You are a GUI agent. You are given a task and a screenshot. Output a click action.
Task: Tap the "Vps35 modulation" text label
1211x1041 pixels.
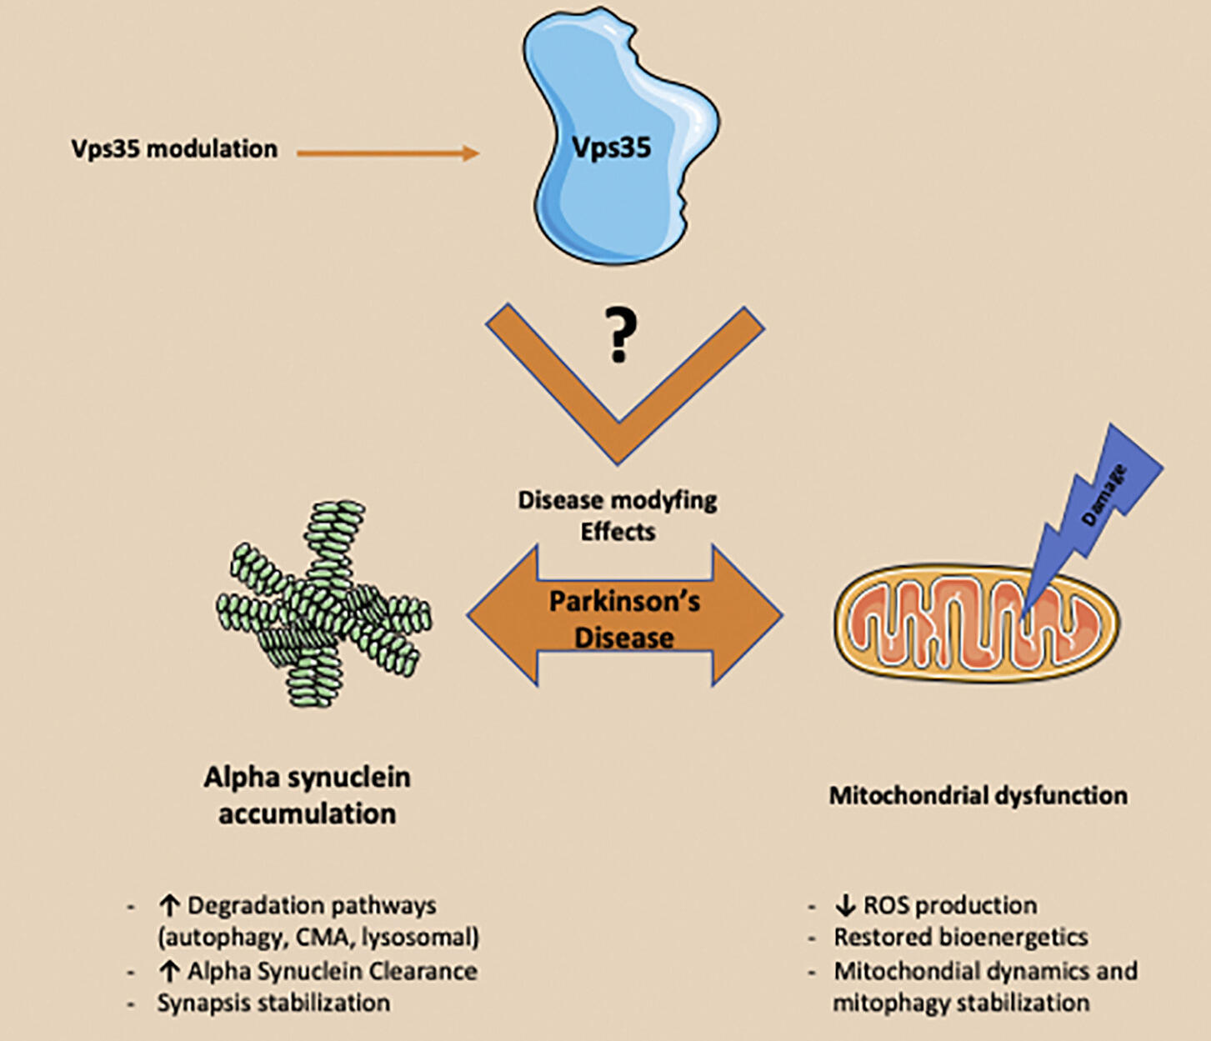[x=174, y=149]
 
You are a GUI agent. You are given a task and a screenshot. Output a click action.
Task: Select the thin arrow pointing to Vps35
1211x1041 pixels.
[x=388, y=153]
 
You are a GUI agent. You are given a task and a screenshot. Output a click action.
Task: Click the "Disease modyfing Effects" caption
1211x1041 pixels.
[x=618, y=515]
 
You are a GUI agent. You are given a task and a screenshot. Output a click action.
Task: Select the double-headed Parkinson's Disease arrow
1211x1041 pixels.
[x=500, y=615]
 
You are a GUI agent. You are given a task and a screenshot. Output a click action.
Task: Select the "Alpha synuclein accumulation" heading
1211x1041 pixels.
[x=307, y=795]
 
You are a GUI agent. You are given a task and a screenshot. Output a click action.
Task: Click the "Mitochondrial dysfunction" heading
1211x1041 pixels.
[x=978, y=795]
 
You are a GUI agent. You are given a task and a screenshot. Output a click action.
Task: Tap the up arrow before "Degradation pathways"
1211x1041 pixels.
[x=169, y=905]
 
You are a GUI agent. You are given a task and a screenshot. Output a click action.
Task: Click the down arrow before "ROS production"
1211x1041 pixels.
[x=845, y=905]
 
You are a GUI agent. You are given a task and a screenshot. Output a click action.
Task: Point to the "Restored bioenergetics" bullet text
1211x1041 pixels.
[x=961, y=937]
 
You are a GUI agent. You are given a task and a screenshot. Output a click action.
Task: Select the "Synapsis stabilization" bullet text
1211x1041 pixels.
[x=273, y=1003]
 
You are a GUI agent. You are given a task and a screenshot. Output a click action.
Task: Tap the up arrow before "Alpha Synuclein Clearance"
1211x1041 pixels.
[x=169, y=971]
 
